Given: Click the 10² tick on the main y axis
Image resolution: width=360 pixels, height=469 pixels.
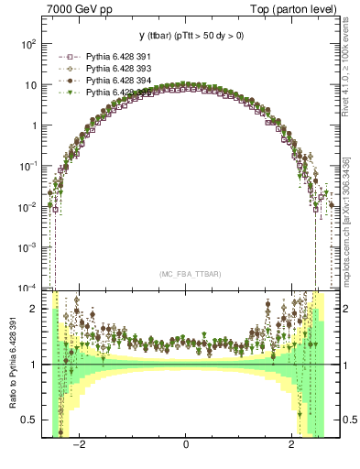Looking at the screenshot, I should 28,43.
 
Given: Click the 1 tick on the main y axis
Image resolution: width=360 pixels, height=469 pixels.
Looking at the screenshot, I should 34,125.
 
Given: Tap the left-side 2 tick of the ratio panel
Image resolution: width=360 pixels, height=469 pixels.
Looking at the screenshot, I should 35,309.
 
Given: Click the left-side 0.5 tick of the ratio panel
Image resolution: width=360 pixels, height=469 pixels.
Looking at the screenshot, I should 30,420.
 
